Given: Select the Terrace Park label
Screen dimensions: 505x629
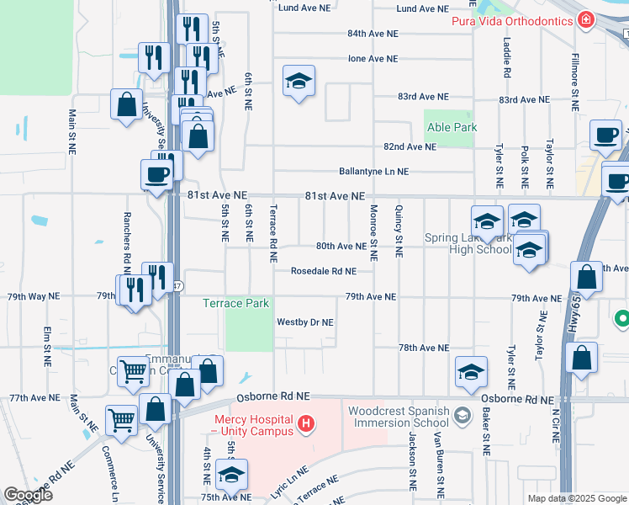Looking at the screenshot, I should pos(235,303).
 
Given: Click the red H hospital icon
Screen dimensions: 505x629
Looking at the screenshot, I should pos(307,422).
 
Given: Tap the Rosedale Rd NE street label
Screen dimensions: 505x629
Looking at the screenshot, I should pos(324,271).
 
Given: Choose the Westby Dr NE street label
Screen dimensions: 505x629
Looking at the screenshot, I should pos(305,322).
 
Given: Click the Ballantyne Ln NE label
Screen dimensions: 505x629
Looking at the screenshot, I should pos(373,171).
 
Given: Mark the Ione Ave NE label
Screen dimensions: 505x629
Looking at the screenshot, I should pos(373,59).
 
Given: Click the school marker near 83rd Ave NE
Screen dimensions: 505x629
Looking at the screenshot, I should pos(299,82).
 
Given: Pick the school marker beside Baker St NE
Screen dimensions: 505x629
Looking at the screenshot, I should pos(472,372).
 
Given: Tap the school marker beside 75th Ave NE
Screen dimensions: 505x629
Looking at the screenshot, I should pos(231,476).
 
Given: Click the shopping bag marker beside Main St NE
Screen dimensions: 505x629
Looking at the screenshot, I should pos(126,106).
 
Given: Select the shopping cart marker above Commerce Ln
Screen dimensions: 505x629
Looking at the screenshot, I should pos(122,421).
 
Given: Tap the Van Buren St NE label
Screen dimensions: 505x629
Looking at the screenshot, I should pos(438,463).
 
